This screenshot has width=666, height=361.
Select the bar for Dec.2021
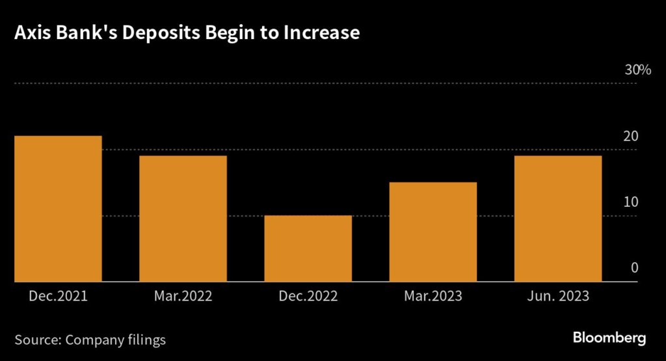57,208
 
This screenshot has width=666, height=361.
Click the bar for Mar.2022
183,219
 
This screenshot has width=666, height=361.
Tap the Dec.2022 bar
308,248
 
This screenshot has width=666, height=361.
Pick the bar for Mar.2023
433,232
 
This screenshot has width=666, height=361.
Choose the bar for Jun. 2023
557,219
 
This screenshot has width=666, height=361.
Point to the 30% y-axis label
637,70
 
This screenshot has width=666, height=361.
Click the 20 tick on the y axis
631,137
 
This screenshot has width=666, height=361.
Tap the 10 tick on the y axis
631,202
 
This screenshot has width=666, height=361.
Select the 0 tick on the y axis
634,269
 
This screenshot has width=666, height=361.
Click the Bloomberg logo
609,338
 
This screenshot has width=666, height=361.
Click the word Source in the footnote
36,340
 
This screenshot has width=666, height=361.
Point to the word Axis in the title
31,33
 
